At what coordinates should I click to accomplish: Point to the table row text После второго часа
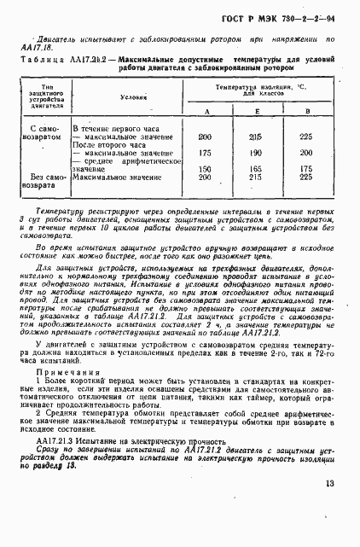[107, 144]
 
